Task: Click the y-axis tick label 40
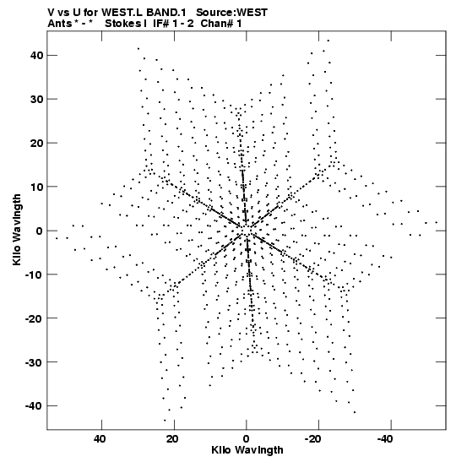tap(36, 55)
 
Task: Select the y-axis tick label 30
tap(36, 99)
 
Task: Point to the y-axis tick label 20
tap(36, 143)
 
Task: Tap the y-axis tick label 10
tap(36, 187)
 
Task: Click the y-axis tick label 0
tap(40, 231)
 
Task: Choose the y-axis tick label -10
tap(34, 274)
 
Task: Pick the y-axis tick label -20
tap(34, 318)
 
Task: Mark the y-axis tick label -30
tap(34, 362)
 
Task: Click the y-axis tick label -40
tap(34, 405)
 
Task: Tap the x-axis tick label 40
tap(100, 439)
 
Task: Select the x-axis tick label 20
tap(172, 439)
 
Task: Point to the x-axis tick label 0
tap(246, 439)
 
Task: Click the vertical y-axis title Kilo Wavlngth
tap(17, 230)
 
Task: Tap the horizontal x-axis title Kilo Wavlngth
tap(247, 450)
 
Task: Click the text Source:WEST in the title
tap(231, 13)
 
